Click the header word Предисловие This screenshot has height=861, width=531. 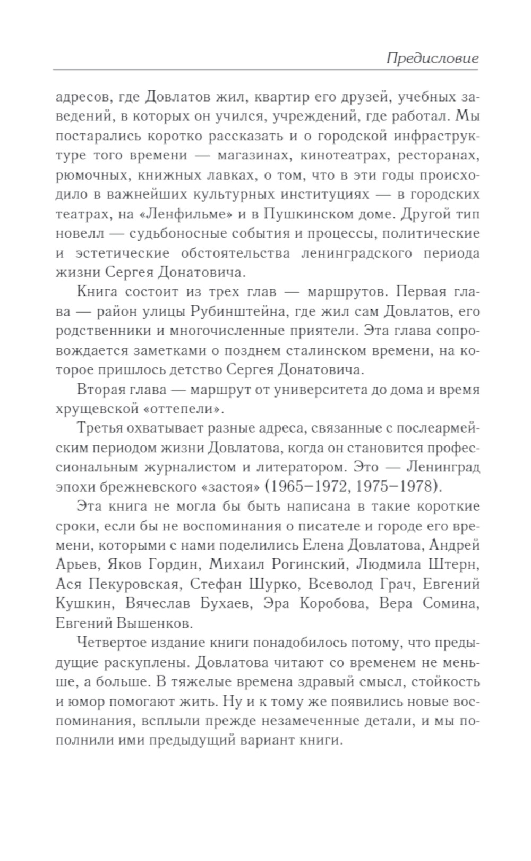pos(432,58)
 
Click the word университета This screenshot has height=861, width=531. pos(321,389)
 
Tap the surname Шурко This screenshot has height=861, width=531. pos(271,584)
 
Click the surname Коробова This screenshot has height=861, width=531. pos(336,603)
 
